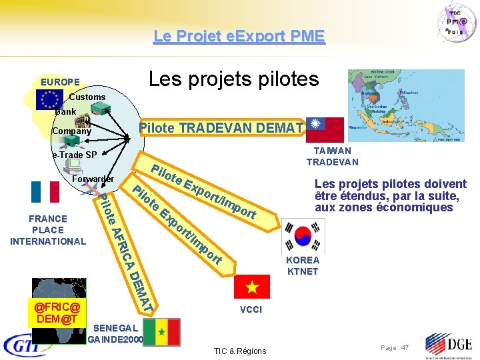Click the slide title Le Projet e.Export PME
(239, 35)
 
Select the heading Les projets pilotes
(233, 79)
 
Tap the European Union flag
(49, 99)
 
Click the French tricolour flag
(45, 191)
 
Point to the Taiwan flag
(324, 129)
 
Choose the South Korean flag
(301, 237)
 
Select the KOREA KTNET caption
(303, 265)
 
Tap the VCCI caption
(251, 310)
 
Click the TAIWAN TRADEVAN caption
(332, 157)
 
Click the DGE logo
(449, 345)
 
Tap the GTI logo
(27, 345)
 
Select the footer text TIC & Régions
(239, 351)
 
